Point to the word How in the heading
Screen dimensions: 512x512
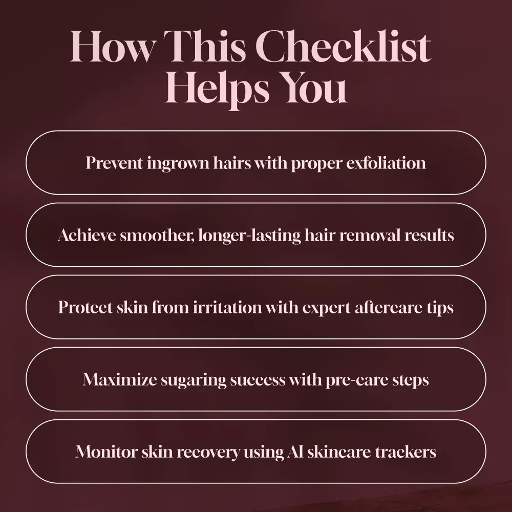pyautogui.click(x=111, y=46)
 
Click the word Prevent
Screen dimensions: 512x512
pyautogui.click(x=114, y=162)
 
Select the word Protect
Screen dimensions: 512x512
pyautogui.click(x=85, y=307)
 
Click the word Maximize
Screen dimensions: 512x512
pyautogui.click(x=119, y=379)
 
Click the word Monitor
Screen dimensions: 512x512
pyautogui.click(x=106, y=452)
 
